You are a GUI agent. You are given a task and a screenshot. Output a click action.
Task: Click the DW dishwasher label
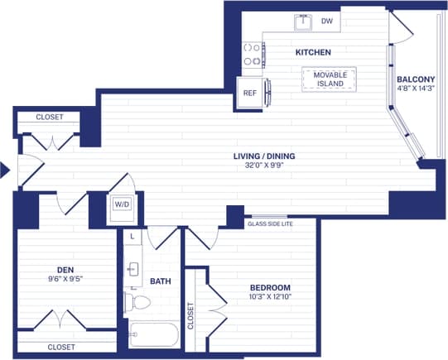[326, 22]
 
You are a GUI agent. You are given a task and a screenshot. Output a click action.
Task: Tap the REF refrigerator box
[248, 93]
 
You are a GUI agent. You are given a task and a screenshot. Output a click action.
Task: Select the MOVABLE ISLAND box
[329, 79]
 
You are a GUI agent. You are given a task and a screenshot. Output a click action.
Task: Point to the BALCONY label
[416, 79]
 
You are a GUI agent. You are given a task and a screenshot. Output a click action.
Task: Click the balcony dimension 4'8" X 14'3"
[416, 90]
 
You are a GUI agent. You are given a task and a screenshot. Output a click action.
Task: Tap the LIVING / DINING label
[264, 156]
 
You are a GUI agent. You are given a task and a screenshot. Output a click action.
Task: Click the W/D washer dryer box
[121, 204]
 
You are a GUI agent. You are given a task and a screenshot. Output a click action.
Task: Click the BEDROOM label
[269, 289]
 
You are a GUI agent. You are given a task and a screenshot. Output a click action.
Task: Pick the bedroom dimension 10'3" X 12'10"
[269, 300]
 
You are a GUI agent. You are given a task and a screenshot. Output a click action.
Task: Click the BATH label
[160, 281]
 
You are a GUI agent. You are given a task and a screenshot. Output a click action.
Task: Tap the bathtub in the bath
[154, 336]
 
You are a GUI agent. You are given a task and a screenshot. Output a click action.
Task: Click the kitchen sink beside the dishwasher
[303, 22]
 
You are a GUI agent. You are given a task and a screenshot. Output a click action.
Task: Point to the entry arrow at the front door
[5, 170]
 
